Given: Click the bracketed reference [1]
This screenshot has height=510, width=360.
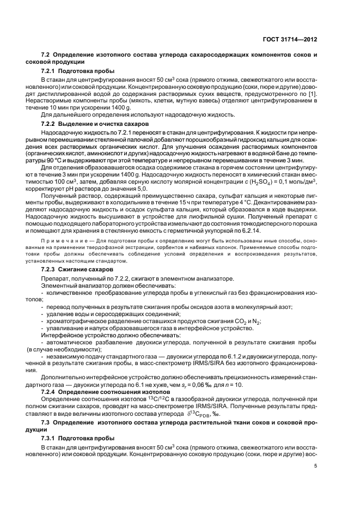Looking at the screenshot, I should (x=312, y=95).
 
